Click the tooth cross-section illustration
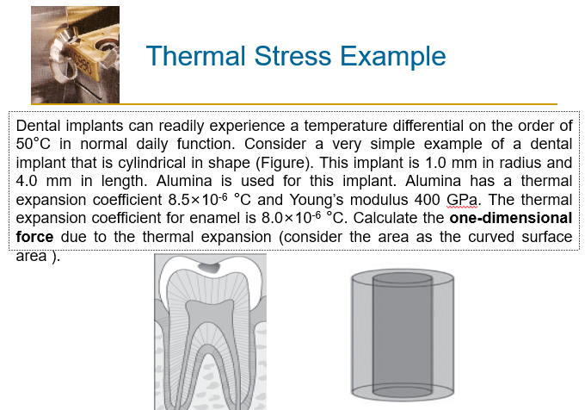click(x=211, y=332)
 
